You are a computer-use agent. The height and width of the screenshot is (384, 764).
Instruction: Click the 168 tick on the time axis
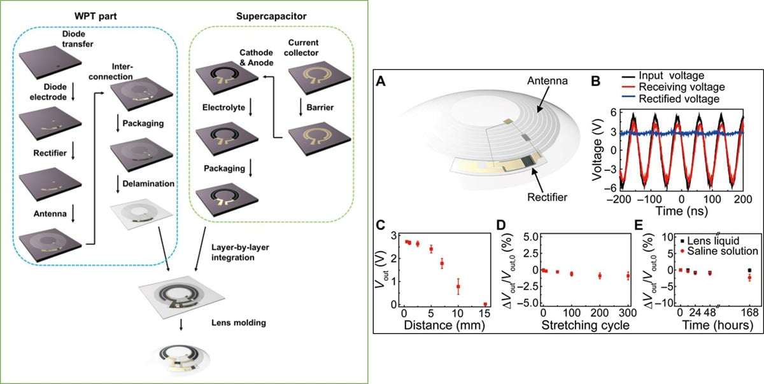tap(749, 313)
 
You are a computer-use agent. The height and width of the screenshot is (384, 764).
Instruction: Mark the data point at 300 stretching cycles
tap(628, 275)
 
